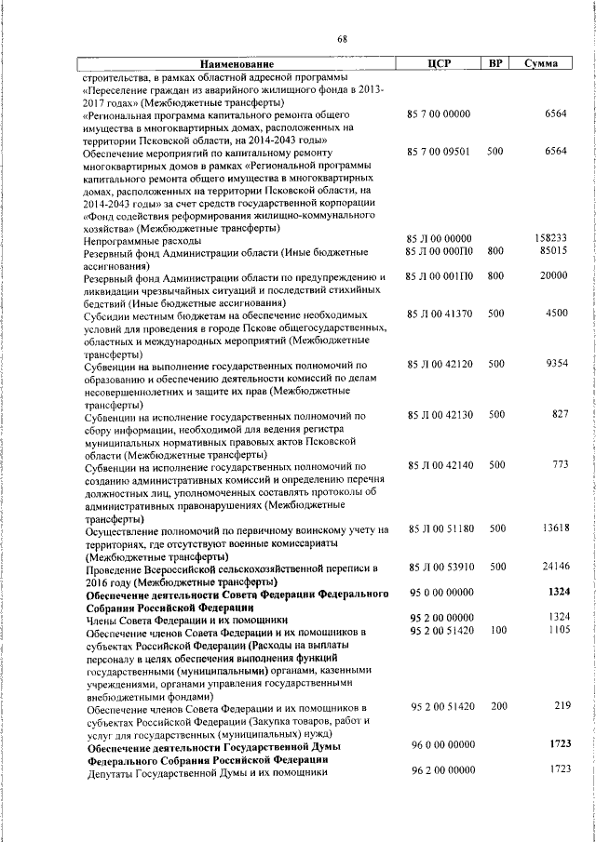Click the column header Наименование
[x=237, y=64]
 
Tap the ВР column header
[x=496, y=63]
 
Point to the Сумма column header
[x=541, y=63]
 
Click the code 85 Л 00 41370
[x=440, y=314]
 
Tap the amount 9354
[x=557, y=364]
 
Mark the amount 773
[x=560, y=464]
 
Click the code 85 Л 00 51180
[x=440, y=528]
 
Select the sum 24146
[x=554, y=566]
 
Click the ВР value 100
[x=498, y=631]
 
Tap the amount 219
[x=560, y=706]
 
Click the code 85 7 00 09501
[x=438, y=151]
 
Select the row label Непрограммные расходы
[x=136, y=239]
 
